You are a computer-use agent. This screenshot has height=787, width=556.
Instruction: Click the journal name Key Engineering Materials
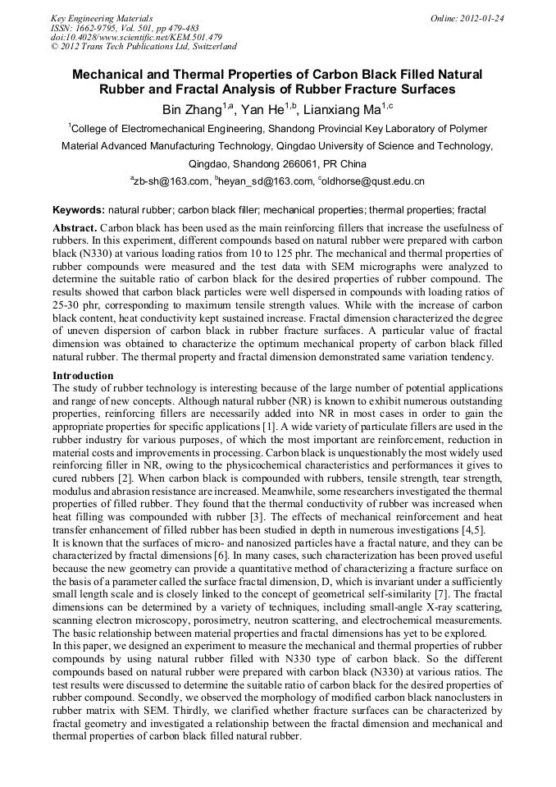(x=102, y=18)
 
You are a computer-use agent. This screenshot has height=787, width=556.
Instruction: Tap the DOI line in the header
(x=136, y=38)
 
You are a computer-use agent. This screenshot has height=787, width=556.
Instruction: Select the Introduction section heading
(x=83, y=375)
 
